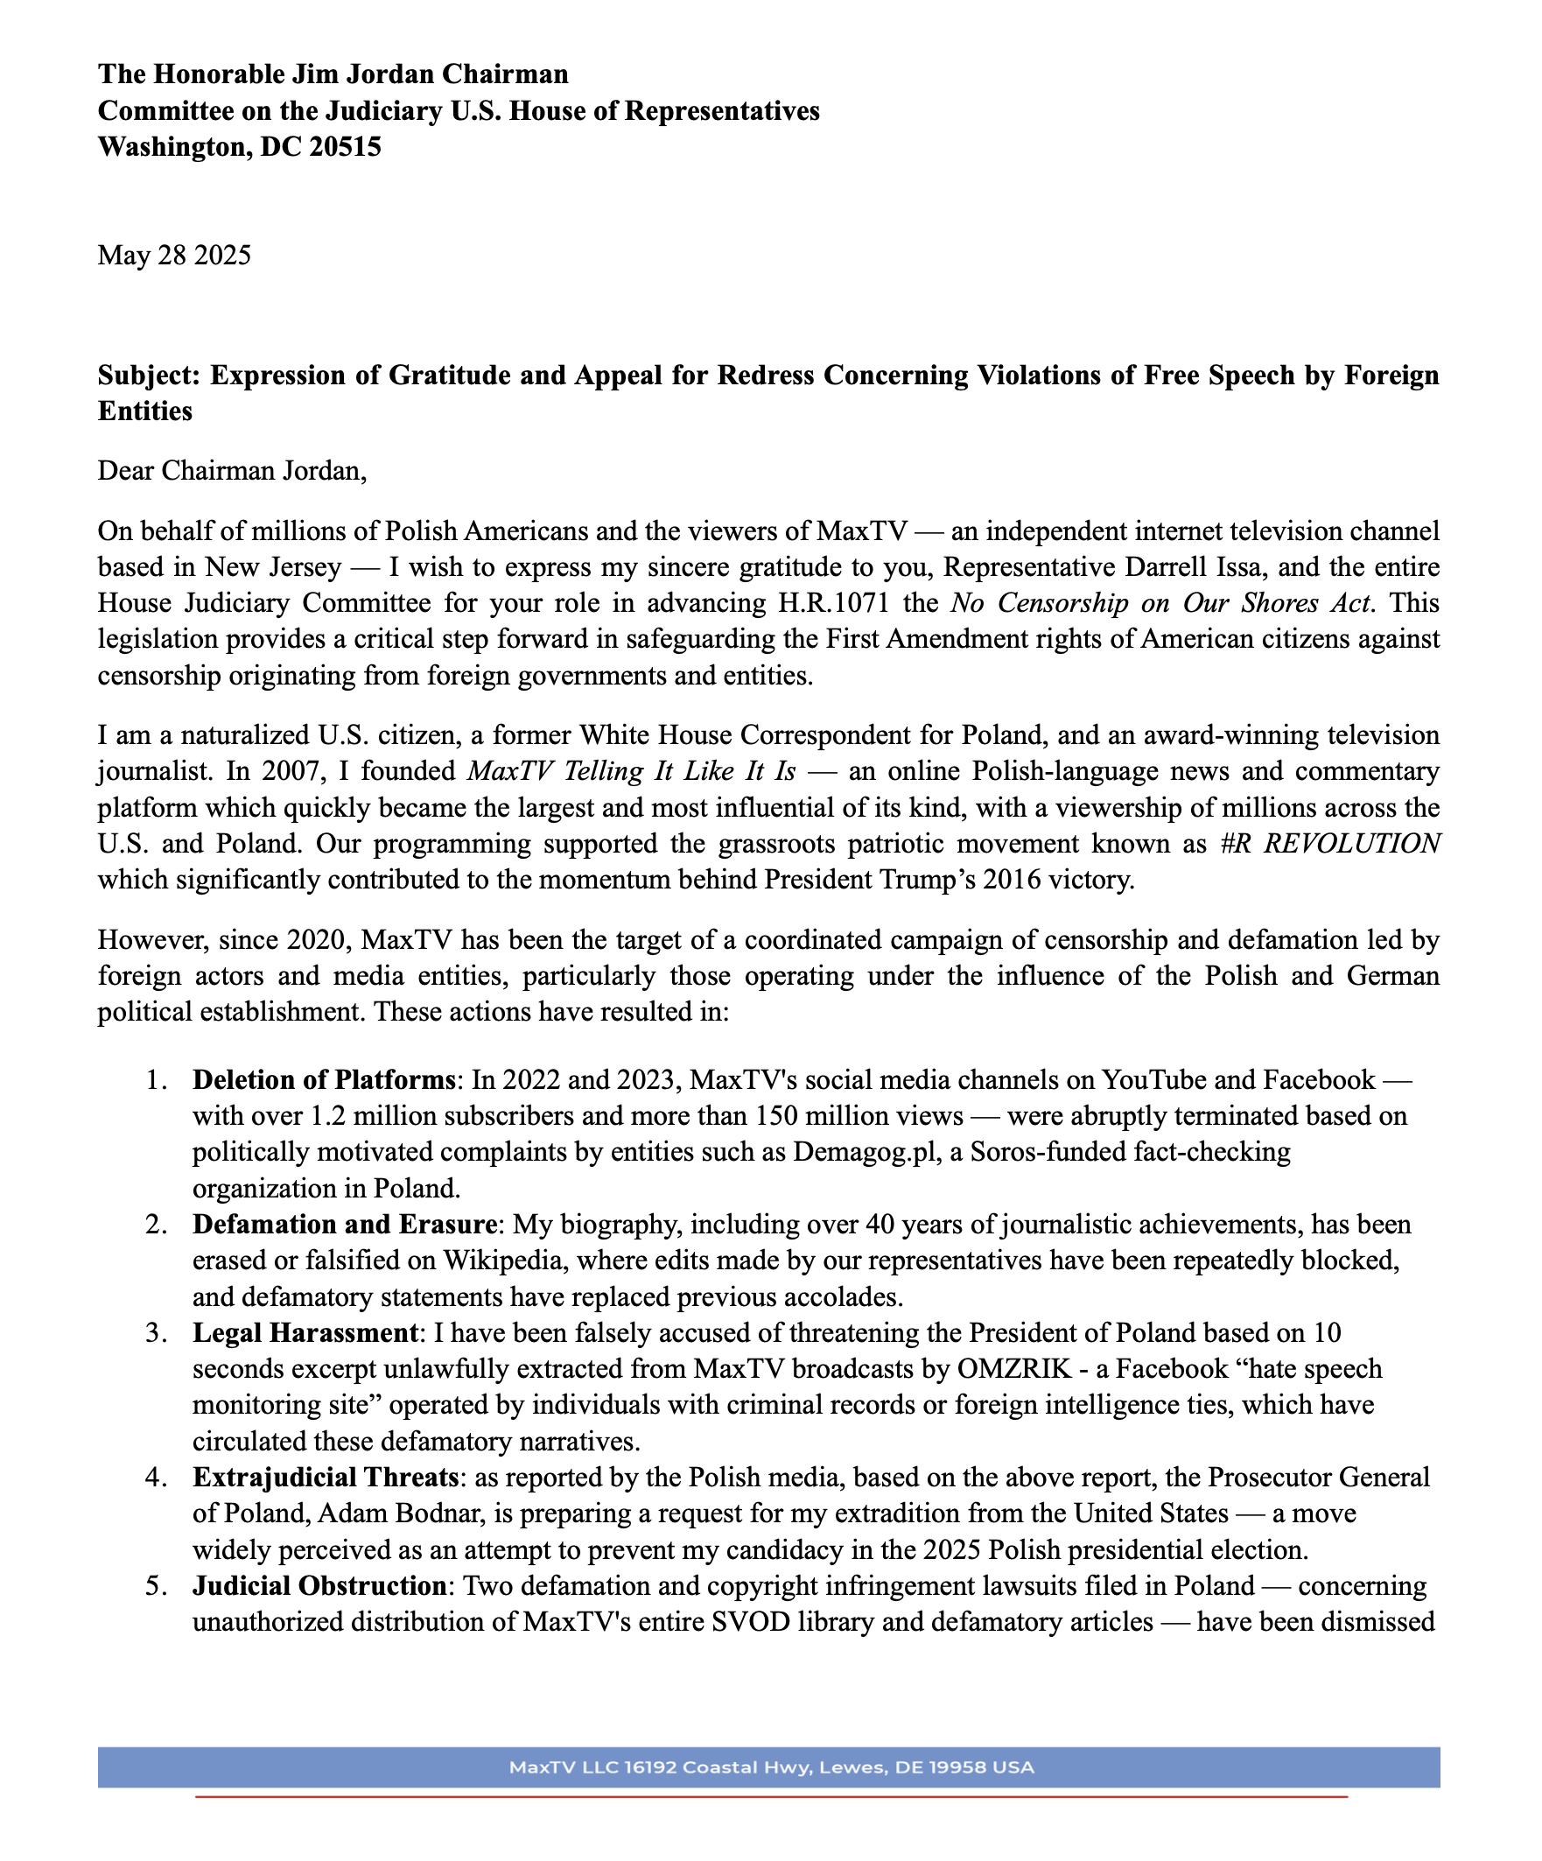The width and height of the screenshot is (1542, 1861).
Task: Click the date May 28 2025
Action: tap(174, 256)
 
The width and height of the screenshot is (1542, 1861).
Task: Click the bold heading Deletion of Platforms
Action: tap(324, 1080)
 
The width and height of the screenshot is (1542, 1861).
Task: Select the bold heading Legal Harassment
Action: tap(305, 1333)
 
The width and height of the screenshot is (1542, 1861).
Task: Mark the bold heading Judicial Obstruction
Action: tap(320, 1585)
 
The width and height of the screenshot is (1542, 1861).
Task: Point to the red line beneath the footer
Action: tap(771, 1796)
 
